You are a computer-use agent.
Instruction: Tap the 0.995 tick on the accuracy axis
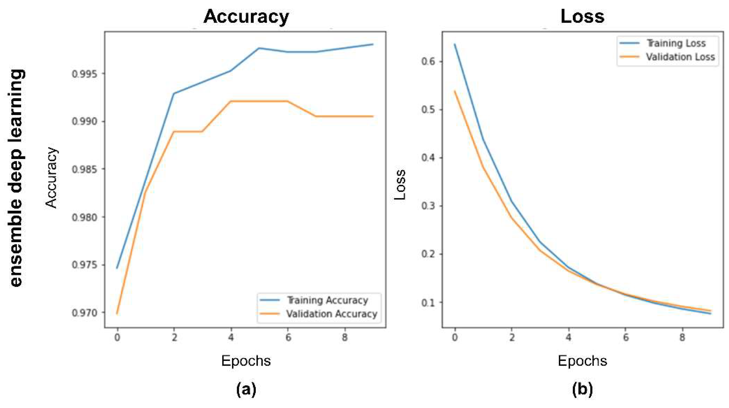(x=84, y=74)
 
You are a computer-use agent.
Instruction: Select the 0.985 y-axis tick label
(x=84, y=169)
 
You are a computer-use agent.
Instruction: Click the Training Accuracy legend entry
(x=327, y=300)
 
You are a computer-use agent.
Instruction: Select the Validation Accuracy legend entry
(x=331, y=314)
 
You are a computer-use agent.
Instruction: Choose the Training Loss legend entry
(x=676, y=43)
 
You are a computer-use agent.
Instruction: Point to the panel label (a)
(x=246, y=389)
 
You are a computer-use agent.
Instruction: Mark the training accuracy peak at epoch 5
(x=259, y=48)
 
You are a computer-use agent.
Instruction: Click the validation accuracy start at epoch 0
(x=117, y=314)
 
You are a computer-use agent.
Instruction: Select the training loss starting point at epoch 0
(x=455, y=44)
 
